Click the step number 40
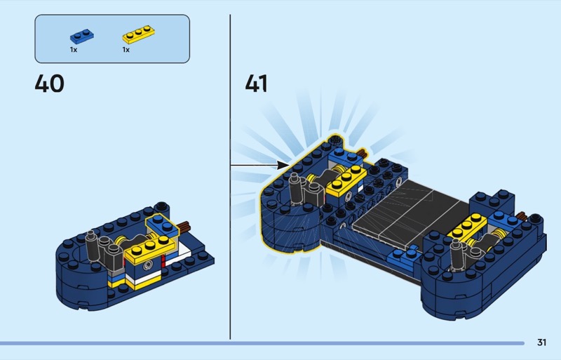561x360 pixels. (x=49, y=84)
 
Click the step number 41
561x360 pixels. (x=256, y=84)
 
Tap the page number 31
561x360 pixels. (x=541, y=342)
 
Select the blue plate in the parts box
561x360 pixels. (x=82, y=36)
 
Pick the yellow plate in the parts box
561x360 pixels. (x=138, y=34)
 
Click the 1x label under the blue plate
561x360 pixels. (x=74, y=50)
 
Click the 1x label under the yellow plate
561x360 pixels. (x=126, y=50)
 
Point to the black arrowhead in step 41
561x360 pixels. (x=283, y=165)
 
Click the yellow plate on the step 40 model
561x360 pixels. (x=150, y=248)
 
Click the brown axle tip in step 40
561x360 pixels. (x=185, y=226)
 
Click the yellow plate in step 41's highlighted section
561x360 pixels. (x=346, y=180)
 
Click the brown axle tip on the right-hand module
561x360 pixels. (x=521, y=216)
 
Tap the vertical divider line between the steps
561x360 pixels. (x=230, y=177)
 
